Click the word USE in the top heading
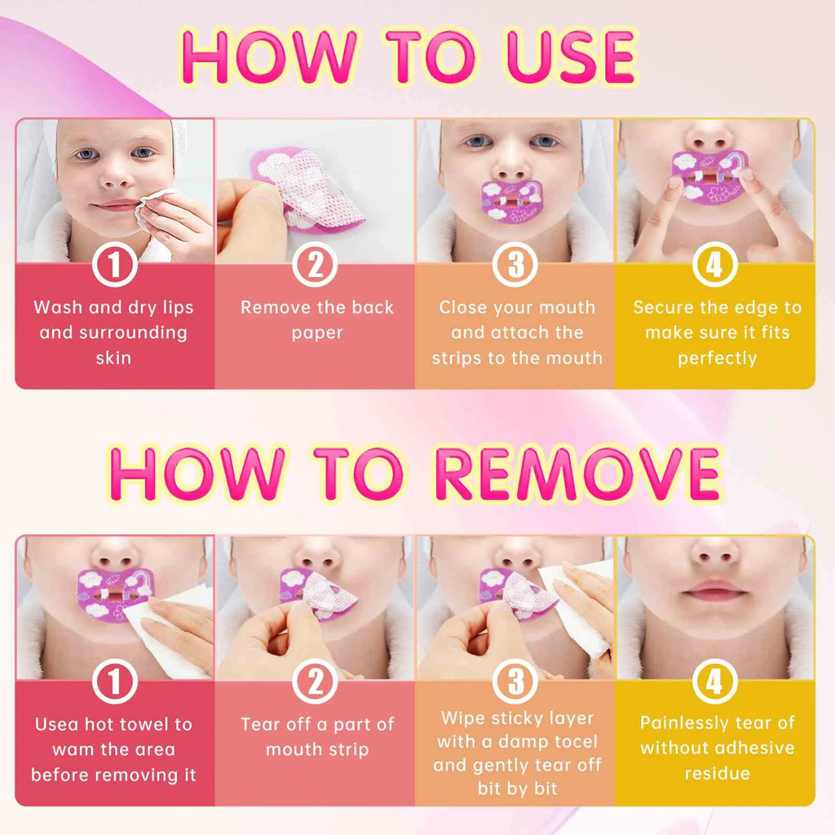coord(571,58)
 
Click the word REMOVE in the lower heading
coord(578,474)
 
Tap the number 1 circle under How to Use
coord(114,265)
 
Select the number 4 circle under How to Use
coord(714,265)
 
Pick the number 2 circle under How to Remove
coord(315,682)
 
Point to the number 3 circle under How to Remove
coord(515,682)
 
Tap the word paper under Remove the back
coord(317,334)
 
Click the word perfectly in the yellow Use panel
coord(717,359)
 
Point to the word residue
coord(717,773)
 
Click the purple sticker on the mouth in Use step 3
coord(511,202)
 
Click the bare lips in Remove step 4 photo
coord(714,592)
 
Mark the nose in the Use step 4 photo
coord(714,137)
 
